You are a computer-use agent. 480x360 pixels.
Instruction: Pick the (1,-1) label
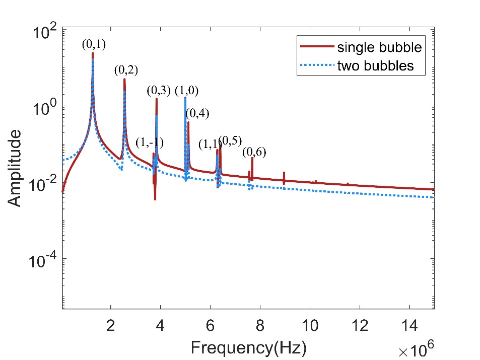(x=150, y=142)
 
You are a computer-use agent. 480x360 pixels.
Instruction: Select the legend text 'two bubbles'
(x=375, y=65)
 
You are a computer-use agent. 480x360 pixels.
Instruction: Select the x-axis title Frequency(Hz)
(x=248, y=347)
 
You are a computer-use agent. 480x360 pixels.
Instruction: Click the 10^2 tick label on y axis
(x=45, y=31)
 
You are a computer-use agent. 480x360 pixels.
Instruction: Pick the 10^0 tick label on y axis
(x=45, y=107)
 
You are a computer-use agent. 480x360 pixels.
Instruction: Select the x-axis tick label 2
(x=111, y=325)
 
